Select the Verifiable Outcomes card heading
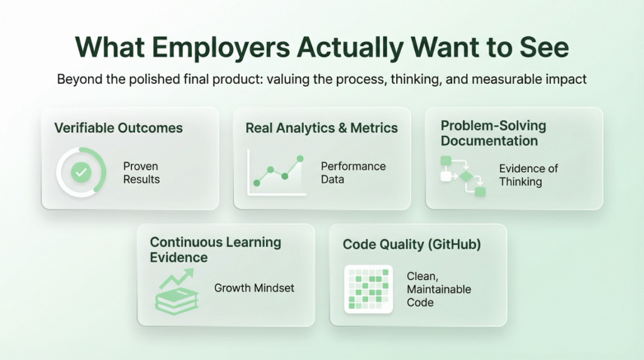pos(118,128)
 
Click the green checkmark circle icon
pos(80,172)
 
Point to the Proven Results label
pos(141,172)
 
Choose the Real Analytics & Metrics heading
pos(321,128)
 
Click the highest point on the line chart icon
pos(300,159)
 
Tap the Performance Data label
pos(353,172)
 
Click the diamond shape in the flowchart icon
pos(466,177)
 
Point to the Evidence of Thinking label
pos(528,175)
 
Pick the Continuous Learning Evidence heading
pos(215,249)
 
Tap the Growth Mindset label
pos(254,288)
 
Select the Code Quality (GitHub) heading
pos(411,244)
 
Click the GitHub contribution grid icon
pos(369,289)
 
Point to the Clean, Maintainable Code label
pos(438,289)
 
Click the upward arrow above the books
pos(183,276)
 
